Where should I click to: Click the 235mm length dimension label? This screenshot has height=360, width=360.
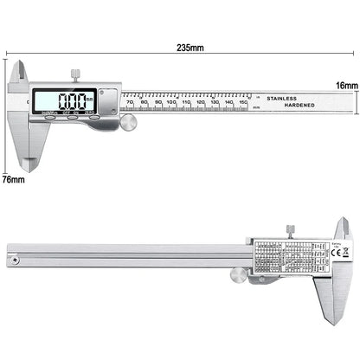(x=189, y=47)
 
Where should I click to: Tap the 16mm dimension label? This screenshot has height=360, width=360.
(x=345, y=87)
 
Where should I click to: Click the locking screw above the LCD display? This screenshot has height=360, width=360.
(x=75, y=71)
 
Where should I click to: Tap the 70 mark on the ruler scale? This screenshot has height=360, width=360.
(x=130, y=104)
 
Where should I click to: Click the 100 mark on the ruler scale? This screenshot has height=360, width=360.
(x=172, y=104)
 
